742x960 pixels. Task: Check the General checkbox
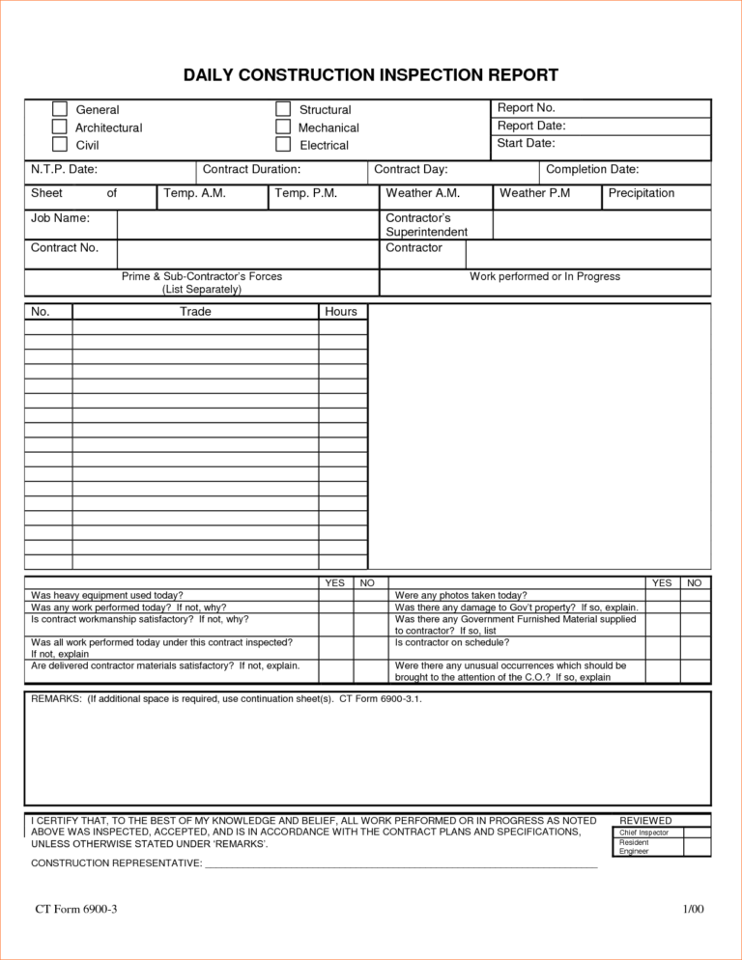(x=60, y=109)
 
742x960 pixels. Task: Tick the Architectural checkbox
(x=60, y=127)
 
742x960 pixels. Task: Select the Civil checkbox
(x=60, y=145)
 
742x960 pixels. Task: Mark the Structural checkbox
(x=283, y=109)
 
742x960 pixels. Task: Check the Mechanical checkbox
(x=283, y=127)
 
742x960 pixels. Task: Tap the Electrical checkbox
(x=283, y=145)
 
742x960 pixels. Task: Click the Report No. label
(x=526, y=108)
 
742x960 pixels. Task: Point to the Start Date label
(x=526, y=144)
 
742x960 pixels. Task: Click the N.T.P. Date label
(x=64, y=170)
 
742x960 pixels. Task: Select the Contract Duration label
(x=251, y=170)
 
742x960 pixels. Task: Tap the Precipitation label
(x=642, y=194)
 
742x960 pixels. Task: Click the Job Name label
(x=60, y=219)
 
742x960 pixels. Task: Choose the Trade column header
(x=195, y=312)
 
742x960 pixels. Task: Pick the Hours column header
(x=341, y=312)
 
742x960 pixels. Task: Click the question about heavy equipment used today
(x=107, y=596)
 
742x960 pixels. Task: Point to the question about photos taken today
(x=462, y=596)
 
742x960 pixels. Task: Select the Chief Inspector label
(x=644, y=833)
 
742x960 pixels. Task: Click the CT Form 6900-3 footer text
(x=76, y=910)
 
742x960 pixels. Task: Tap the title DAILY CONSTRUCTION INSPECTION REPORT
(x=371, y=75)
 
